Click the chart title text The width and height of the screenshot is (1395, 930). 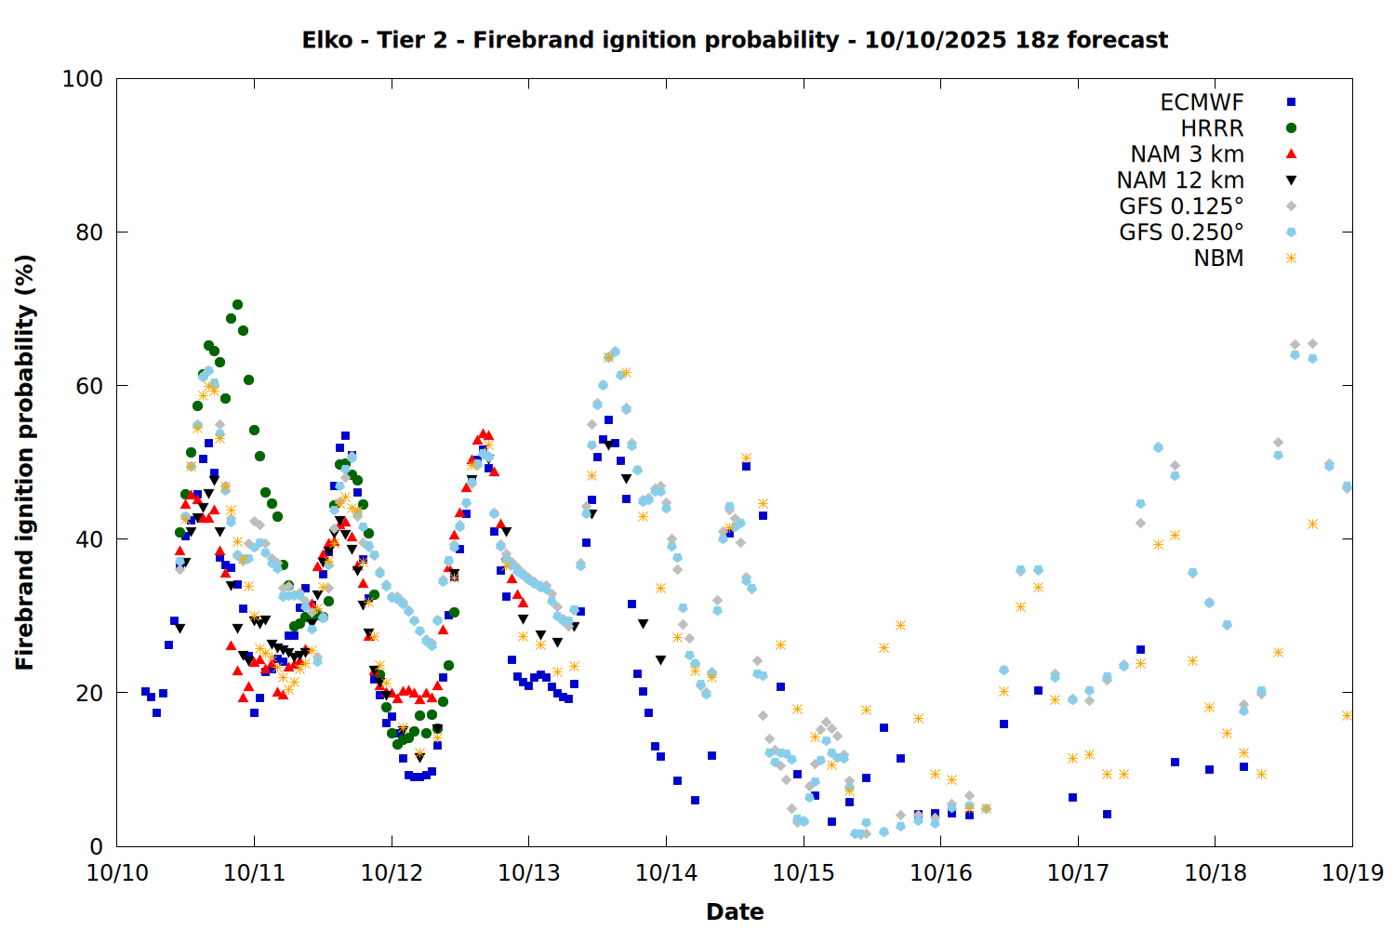[x=735, y=40]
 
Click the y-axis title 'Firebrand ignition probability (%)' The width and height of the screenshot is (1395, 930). [x=25, y=462]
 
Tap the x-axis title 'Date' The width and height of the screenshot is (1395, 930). [x=735, y=911]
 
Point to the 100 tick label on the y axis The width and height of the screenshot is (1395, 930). [x=83, y=79]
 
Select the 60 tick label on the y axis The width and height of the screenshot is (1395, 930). [x=89, y=386]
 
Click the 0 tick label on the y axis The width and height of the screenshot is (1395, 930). [x=96, y=846]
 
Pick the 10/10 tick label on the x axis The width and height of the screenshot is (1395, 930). [x=117, y=873]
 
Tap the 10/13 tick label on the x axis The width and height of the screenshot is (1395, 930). [x=529, y=873]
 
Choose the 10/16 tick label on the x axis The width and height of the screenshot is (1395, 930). [x=940, y=873]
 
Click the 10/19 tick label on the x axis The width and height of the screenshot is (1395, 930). [x=1352, y=873]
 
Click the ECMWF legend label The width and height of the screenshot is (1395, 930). [x=1202, y=102]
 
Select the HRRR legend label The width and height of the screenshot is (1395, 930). [x=1212, y=128]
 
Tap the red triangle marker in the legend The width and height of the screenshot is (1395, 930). [x=1291, y=153]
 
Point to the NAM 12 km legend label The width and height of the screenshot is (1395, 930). [x=1180, y=180]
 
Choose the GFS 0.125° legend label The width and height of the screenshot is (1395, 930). [x=1181, y=206]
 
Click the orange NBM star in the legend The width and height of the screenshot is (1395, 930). [x=1291, y=259]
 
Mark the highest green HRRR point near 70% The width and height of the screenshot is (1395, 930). [x=237, y=304]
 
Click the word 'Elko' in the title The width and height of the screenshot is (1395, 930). [x=327, y=40]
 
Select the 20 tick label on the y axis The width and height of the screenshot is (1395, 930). [x=89, y=693]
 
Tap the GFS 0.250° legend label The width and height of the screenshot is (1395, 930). [x=1181, y=232]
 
